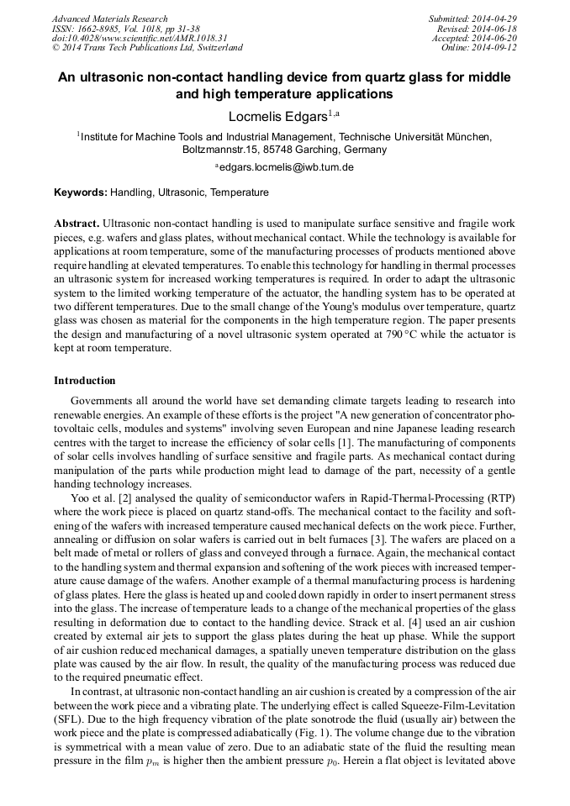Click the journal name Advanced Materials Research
coord(109,18)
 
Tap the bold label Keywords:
coord(81,192)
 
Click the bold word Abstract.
coord(77,224)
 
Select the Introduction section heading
coord(85,381)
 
